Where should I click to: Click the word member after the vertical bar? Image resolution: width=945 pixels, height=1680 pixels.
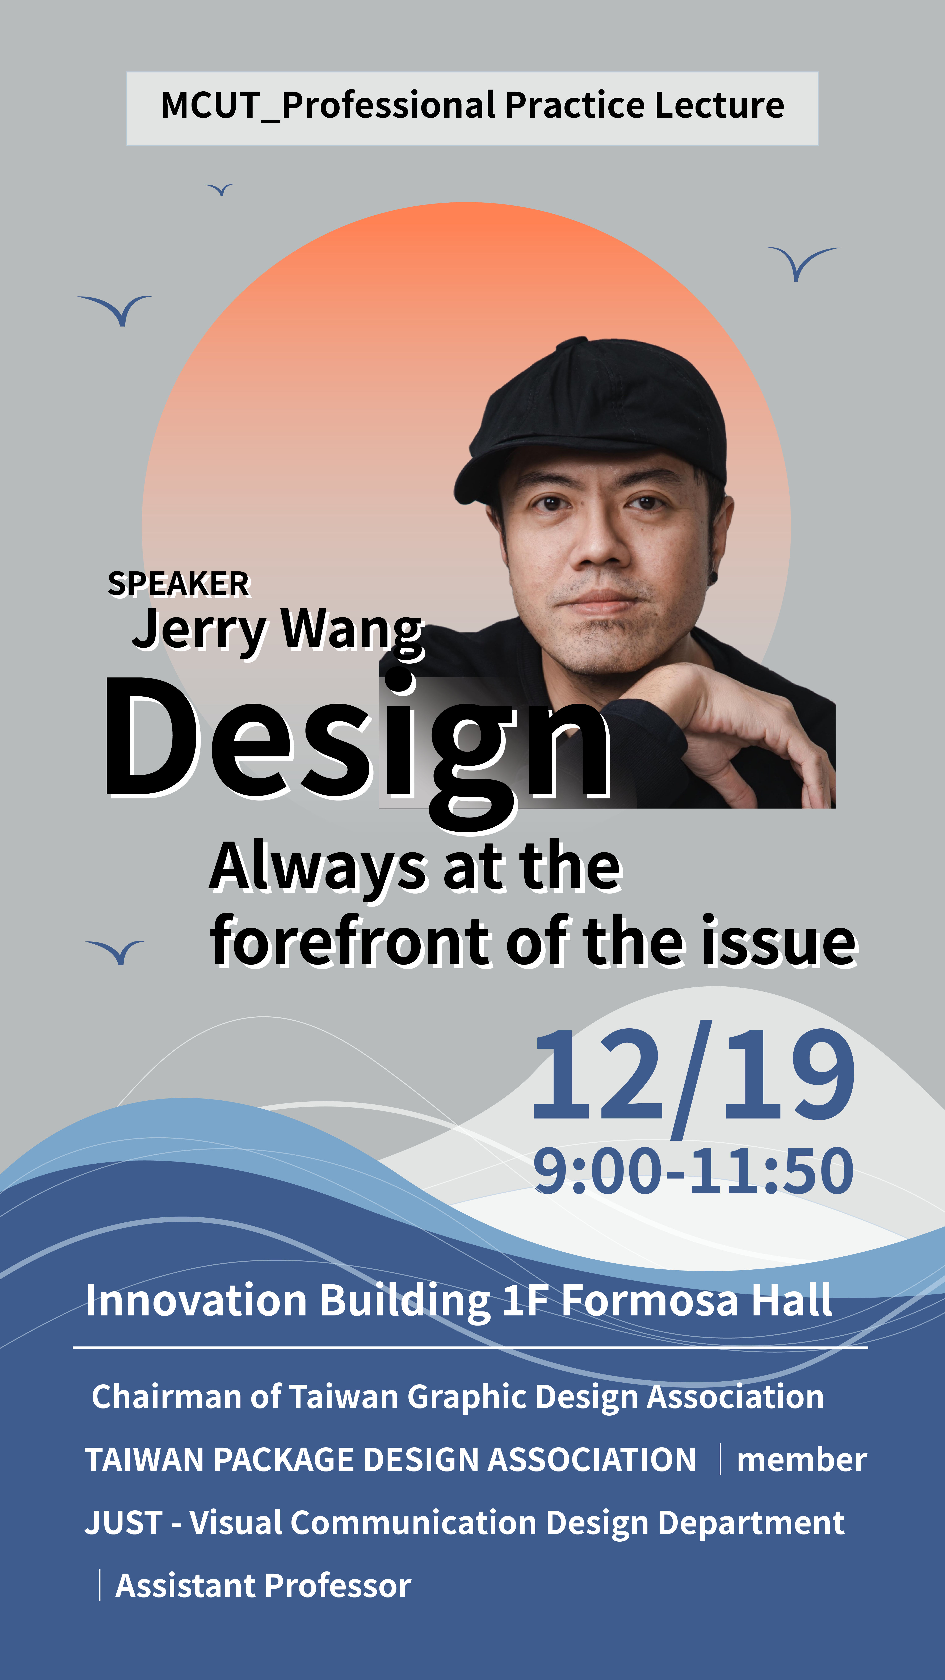[802, 1459]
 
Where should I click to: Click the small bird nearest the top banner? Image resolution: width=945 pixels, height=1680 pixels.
[219, 190]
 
